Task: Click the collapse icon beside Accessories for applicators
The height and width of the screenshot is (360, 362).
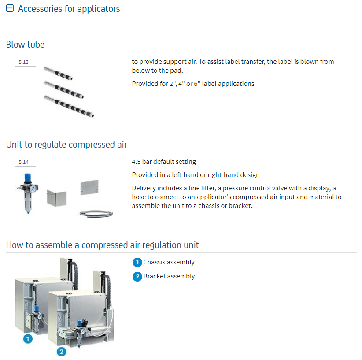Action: (x=10, y=8)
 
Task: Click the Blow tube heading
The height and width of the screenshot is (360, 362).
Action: (x=25, y=45)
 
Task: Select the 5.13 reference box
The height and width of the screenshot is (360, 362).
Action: (x=26, y=62)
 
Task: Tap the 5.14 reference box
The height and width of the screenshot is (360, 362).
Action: (x=26, y=162)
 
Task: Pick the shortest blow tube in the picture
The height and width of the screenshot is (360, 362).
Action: (x=58, y=73)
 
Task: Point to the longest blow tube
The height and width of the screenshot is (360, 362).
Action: (x=69, y=106)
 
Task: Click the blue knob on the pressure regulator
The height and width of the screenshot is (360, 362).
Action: (x=28, y=178)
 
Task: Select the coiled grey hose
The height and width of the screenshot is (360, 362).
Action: (x=96, y=214)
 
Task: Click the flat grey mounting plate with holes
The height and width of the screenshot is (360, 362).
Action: (x=89, y=187)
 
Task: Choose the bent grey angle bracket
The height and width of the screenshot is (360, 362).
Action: (x=56, y=198)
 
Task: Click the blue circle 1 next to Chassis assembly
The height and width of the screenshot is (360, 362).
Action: (x=137, y=262)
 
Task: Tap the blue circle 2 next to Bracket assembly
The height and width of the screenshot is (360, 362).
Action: (x=137, y=277)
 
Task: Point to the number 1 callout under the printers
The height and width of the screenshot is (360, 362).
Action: (x=28, y=339)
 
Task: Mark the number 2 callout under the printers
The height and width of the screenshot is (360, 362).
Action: (x=61, y=352)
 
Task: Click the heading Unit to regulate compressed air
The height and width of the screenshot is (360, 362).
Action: (x=66, y=145)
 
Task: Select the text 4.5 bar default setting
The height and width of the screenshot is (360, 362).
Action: (x=164, y=162)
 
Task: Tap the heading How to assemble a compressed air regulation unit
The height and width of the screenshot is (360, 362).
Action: (x=102, y=245)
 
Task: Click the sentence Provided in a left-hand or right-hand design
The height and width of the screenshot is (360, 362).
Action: (x=196, y=175)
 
